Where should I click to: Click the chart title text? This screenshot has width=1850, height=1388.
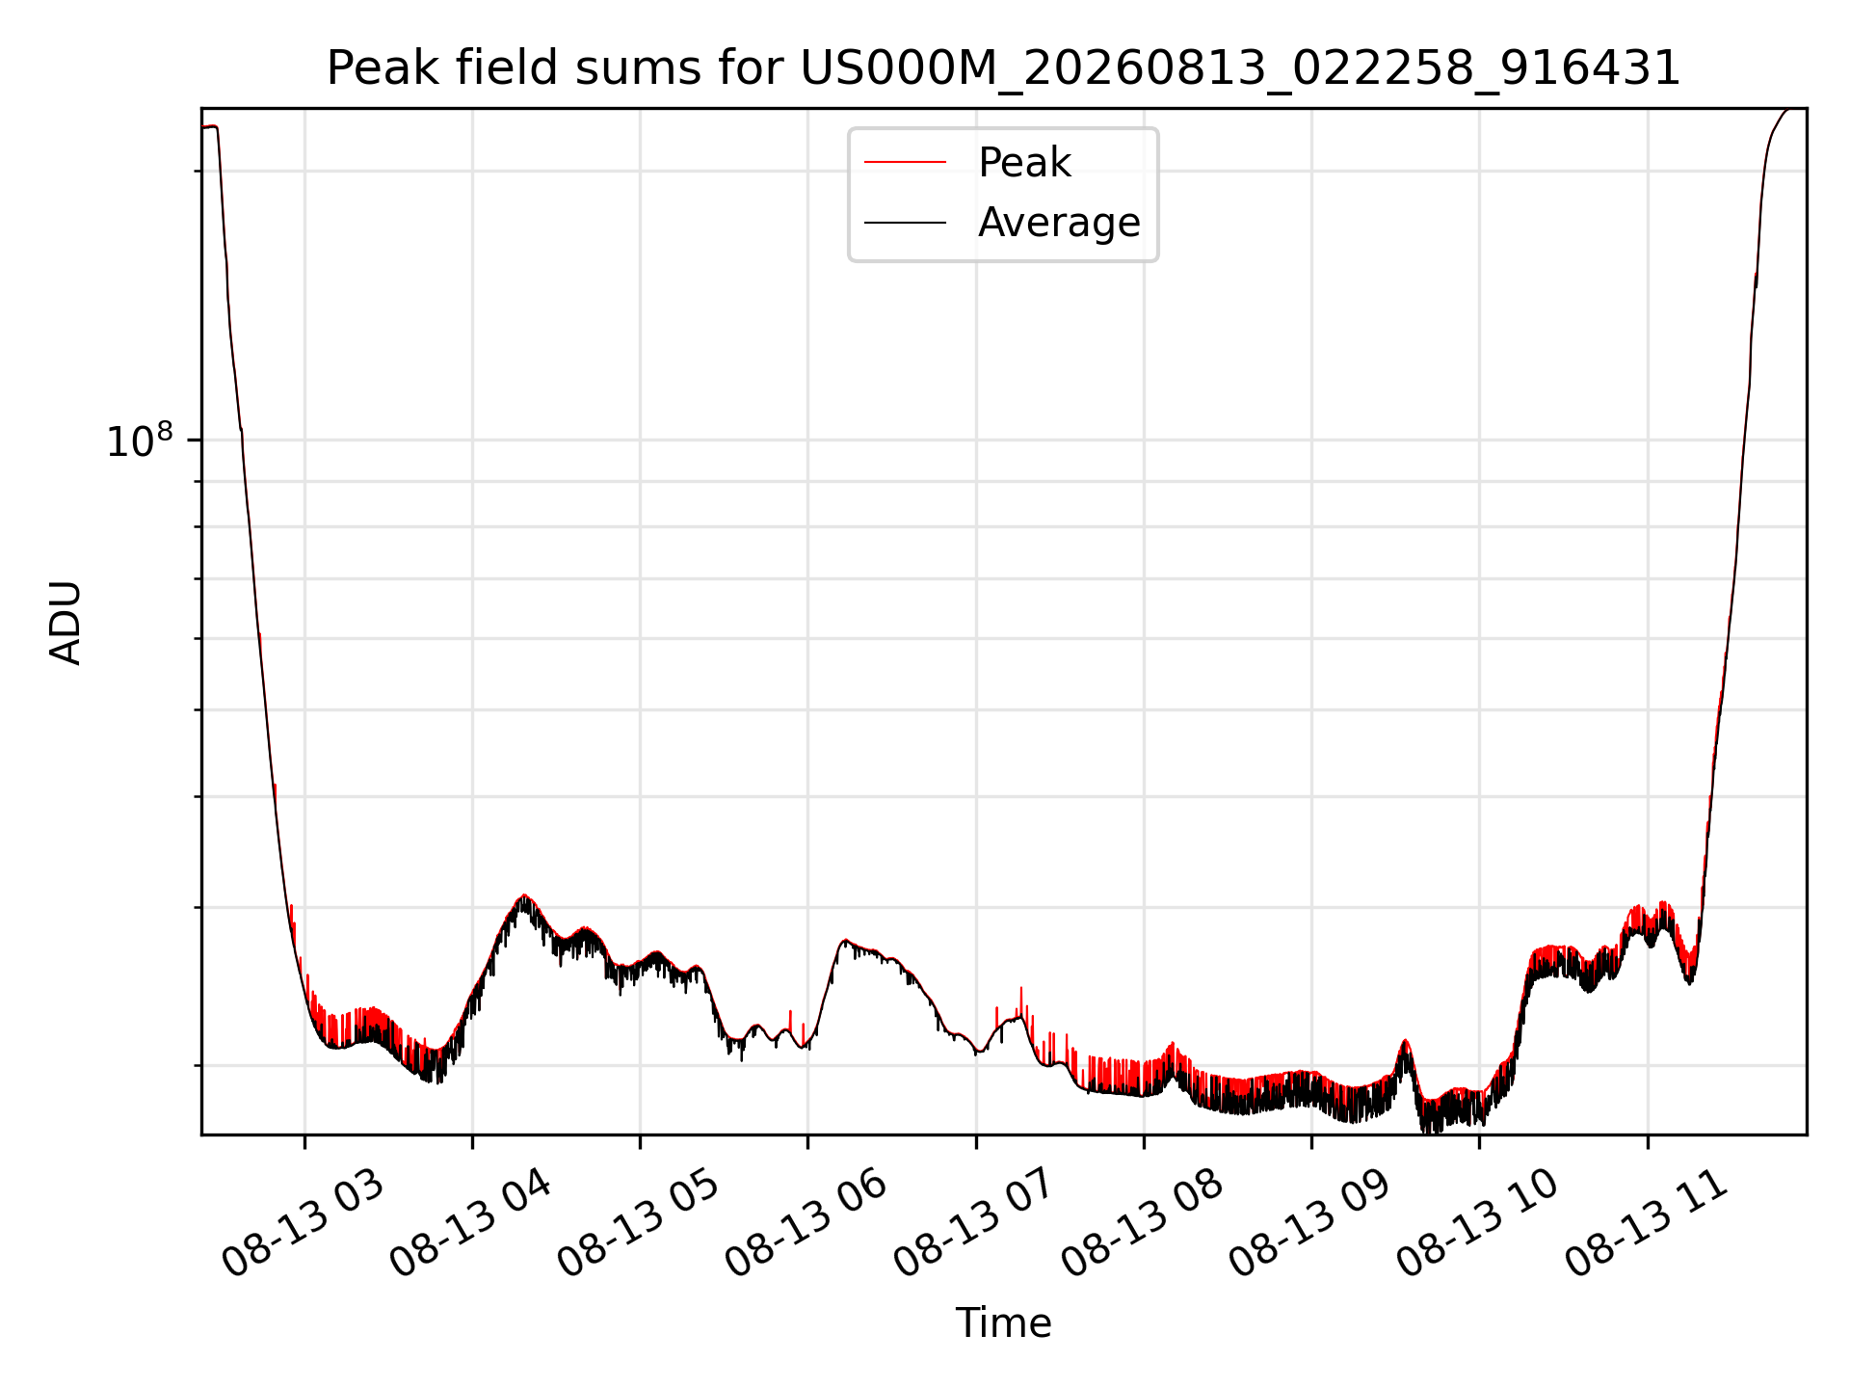click(x=1003, y=68)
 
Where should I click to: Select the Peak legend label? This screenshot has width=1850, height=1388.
click(x=1023, y=163)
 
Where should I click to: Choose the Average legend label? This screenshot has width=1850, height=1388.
click(x=1058, y=223)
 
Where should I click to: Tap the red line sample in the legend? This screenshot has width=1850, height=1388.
click(x=905, y=163)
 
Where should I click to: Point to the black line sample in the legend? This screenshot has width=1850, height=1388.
click(x=905, y=223)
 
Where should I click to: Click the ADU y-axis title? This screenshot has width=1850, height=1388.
click(x=66, y=622)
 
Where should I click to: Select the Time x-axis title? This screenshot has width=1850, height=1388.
click(x=1003, y=1322)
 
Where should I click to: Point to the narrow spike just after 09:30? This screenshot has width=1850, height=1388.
click(x=1405, y=1042)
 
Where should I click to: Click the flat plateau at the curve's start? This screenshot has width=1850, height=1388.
click(x=209, y=126)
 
